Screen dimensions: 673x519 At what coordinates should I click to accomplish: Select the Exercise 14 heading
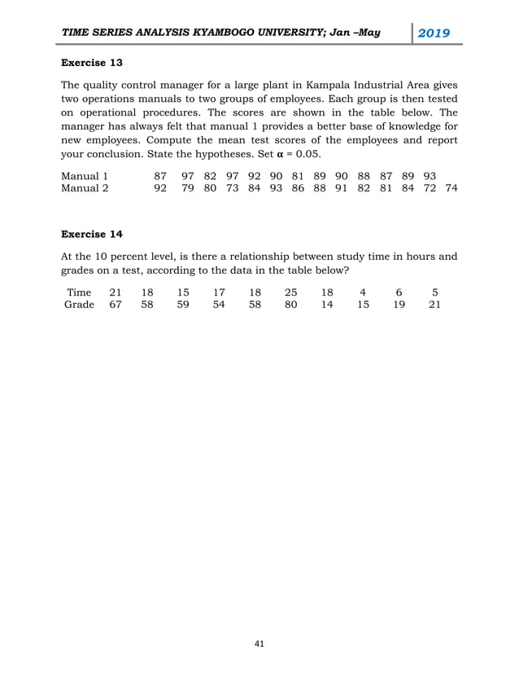[92, 234]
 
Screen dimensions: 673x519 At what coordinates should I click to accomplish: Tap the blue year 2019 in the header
[434, 33]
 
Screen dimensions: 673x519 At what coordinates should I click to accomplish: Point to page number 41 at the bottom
[259, 644]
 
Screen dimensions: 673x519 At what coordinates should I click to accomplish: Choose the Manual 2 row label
[85, 188]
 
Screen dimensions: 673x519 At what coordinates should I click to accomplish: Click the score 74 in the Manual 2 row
[451, 188]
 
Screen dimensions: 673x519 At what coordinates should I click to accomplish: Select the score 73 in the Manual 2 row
[233, 188]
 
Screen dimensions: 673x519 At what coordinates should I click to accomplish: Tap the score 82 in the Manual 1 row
[210, 175]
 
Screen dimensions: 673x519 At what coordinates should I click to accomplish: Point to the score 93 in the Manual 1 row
[429, 175]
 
